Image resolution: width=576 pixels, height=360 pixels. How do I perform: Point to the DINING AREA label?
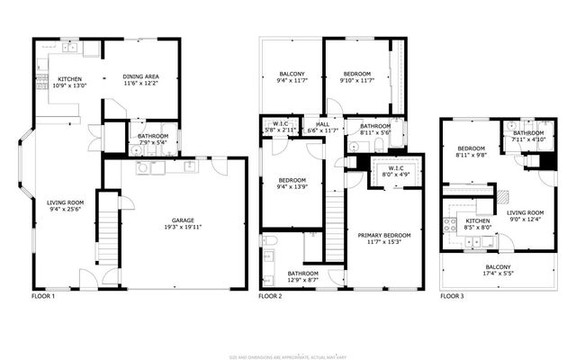pos(141,76)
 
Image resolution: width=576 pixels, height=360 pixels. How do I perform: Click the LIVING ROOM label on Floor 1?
pos(65,202)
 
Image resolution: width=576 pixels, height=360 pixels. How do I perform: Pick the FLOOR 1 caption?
pos(43,295)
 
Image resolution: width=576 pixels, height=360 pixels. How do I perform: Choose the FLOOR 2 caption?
pos(270,295)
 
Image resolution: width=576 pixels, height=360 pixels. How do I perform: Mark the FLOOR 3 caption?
pos(452,295)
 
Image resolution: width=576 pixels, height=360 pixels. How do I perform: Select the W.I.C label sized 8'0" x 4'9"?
pos(395,167)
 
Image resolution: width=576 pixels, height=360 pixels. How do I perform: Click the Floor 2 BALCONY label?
pos(292,74)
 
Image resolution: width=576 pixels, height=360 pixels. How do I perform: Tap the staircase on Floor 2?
pos(336,225)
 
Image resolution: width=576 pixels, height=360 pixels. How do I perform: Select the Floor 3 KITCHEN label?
pos(477,221)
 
